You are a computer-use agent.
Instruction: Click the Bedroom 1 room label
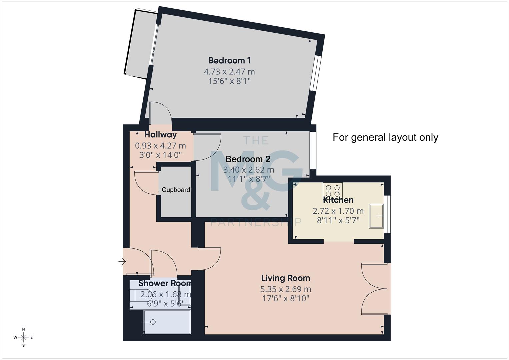click(229, 60)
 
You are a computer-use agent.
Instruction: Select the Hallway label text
click(161, 135)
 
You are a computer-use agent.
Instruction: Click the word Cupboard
click(176, 190)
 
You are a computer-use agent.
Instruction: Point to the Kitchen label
click(338, 200)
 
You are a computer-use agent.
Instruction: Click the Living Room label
click(285, 278)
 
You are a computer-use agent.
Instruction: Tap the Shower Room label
click(165, 283)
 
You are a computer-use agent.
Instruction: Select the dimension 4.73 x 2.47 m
click(229, 71)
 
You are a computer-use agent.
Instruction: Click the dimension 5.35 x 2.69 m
click(285, 289)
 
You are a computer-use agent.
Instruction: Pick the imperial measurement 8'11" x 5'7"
click(338, 220)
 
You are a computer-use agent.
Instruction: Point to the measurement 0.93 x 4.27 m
click(160, 146)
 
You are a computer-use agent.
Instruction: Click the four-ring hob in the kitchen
click(333, 190)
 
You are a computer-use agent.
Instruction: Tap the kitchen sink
click(376, 216)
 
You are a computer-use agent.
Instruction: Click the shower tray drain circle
click(153, 322)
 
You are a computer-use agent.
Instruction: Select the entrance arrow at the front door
click(122, 262)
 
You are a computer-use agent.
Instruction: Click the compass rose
click(23, 337)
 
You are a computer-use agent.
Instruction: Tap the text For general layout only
click(385, 137)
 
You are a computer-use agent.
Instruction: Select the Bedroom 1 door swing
click(160, 113)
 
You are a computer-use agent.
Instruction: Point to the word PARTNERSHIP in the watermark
click(256, 222)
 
